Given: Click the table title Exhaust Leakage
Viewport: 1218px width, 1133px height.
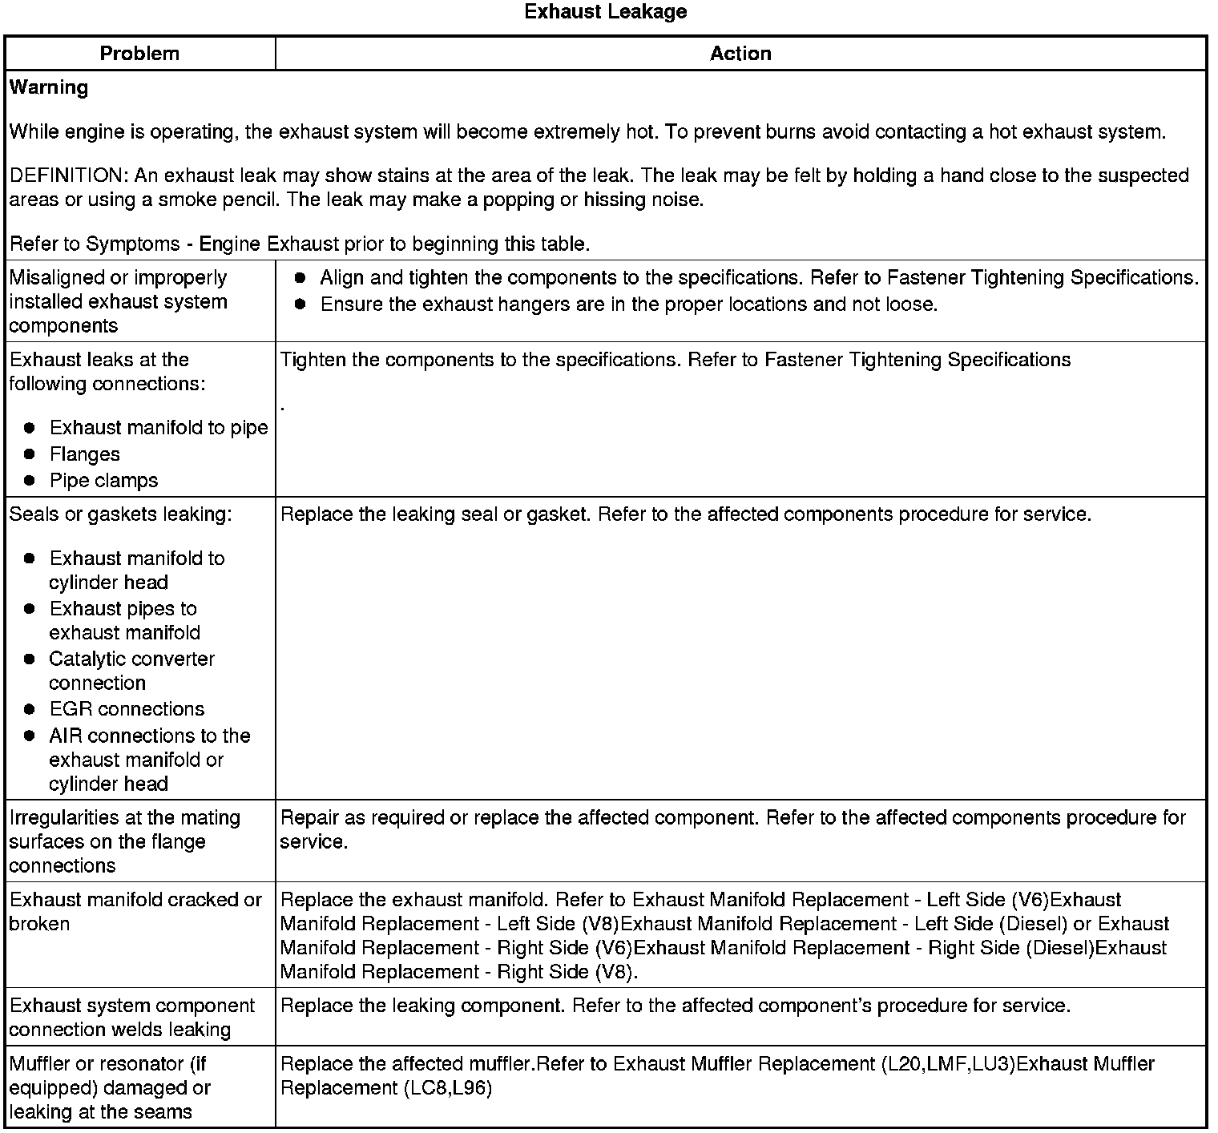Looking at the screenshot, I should pyautogui.click(x=605, y=12).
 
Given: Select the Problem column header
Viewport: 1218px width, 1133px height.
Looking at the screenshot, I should pyautogui.click(x=139, y=54).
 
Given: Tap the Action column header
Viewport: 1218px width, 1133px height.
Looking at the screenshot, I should pyautogui.click(x=740, y=54).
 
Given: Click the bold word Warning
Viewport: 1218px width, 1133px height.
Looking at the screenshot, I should pyautogui.click(x=49, y=87).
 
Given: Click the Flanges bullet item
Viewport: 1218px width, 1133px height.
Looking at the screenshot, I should pyautogui.click(x=84, y=454).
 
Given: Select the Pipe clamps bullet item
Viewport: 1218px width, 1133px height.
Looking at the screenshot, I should pyautogui.click(x=103, y=481).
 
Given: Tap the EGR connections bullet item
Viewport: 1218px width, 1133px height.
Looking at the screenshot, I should pyautogui.click(x=127, y=709).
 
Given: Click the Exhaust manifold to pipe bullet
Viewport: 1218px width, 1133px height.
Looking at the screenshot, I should pyautogui.click(x=159, y=428).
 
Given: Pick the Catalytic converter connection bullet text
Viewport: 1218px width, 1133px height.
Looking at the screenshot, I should pyautogui.click(x=131, y=671).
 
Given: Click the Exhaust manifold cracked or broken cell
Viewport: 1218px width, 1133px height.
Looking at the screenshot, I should pyautogui.click(x=135, y=912).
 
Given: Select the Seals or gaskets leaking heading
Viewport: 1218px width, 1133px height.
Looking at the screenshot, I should pyautogui.click(x=120, y=514).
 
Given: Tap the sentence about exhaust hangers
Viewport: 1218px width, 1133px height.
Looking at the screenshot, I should pyautogui.click(x=628, y=304).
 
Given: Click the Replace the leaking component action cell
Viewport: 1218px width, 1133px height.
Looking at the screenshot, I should pyautogui.click(x=675, y=1006).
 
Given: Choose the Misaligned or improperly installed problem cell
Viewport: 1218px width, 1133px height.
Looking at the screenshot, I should pyautogui.click(x=119, y=302).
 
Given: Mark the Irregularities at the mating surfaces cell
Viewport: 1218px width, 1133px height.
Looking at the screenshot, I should pyautogui.click(x=124, y=841).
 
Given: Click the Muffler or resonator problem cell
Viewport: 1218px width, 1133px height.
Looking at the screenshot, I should pyautogui.click(x=110, y=1087).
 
